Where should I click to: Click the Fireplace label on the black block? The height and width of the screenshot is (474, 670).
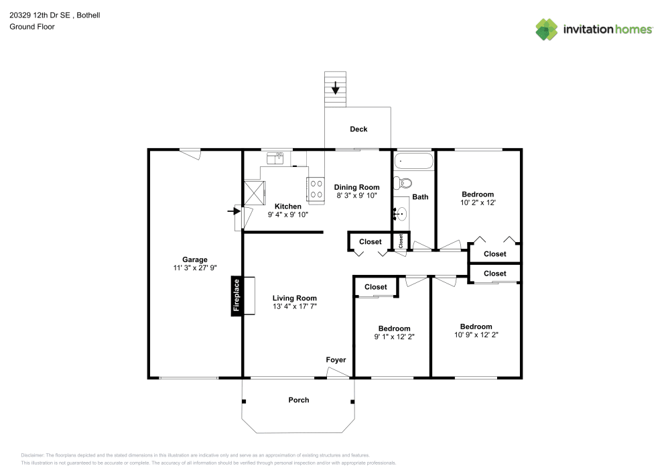pos(236,295)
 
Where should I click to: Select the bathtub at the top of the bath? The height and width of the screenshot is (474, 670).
pos(413,161)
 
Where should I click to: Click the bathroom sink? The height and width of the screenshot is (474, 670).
pos(401,214)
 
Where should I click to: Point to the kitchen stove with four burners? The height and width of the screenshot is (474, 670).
pos(315,188)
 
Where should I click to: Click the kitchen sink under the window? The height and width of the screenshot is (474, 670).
pos(275,158)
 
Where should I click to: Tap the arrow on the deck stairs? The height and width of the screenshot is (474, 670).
pos(335,87)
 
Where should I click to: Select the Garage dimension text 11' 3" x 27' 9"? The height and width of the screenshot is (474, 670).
pos(195,268)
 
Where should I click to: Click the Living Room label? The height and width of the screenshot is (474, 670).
pos(294,298)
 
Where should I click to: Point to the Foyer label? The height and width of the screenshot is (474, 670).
pos(336,360)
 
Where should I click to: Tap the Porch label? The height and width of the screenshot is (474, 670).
pos(299,400)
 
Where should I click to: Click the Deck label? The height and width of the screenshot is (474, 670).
pos(358,129)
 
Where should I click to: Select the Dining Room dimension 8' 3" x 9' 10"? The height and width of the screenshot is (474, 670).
pos(357,196)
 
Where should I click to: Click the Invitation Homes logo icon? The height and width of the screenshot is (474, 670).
pos(547,29)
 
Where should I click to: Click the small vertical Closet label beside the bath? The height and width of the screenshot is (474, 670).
pos(401,241)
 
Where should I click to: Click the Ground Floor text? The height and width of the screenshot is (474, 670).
pos(32,27)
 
